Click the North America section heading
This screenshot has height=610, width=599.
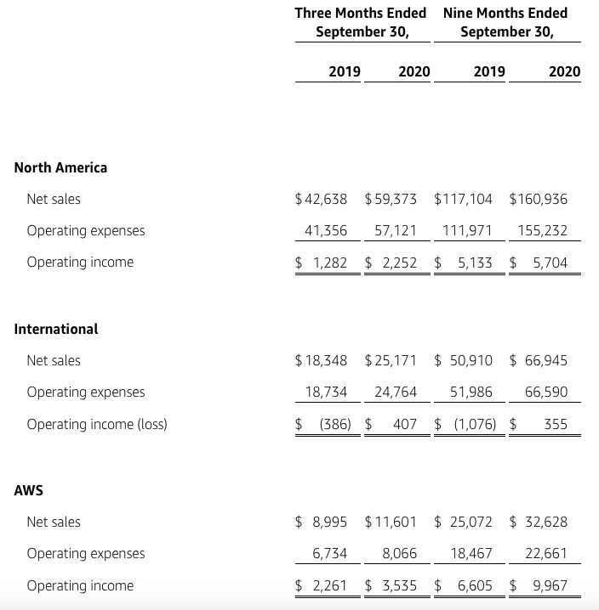pos(60,167)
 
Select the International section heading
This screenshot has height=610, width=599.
pos(56,329)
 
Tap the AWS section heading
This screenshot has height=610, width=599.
pos(29,490)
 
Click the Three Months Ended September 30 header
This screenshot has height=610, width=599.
pos(361,22)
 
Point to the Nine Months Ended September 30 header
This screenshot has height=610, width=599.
pos(505,22)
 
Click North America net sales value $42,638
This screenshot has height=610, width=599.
pos(321,199)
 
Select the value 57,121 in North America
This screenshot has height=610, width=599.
pos(395,230)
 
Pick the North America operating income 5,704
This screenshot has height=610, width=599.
pos(549,263)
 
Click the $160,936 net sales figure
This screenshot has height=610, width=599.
pos(538,199)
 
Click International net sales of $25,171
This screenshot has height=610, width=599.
pos(391,360)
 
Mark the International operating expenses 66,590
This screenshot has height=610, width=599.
pos(546,392)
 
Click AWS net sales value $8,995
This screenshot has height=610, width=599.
pos(321,522)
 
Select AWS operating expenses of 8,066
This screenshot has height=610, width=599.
pos(400,553)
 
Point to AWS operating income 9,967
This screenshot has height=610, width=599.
pos(550,585)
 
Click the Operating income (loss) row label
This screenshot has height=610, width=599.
pos(96,424)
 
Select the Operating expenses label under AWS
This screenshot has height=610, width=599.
pos(85,553)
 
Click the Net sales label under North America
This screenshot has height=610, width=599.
pos(54,199)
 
